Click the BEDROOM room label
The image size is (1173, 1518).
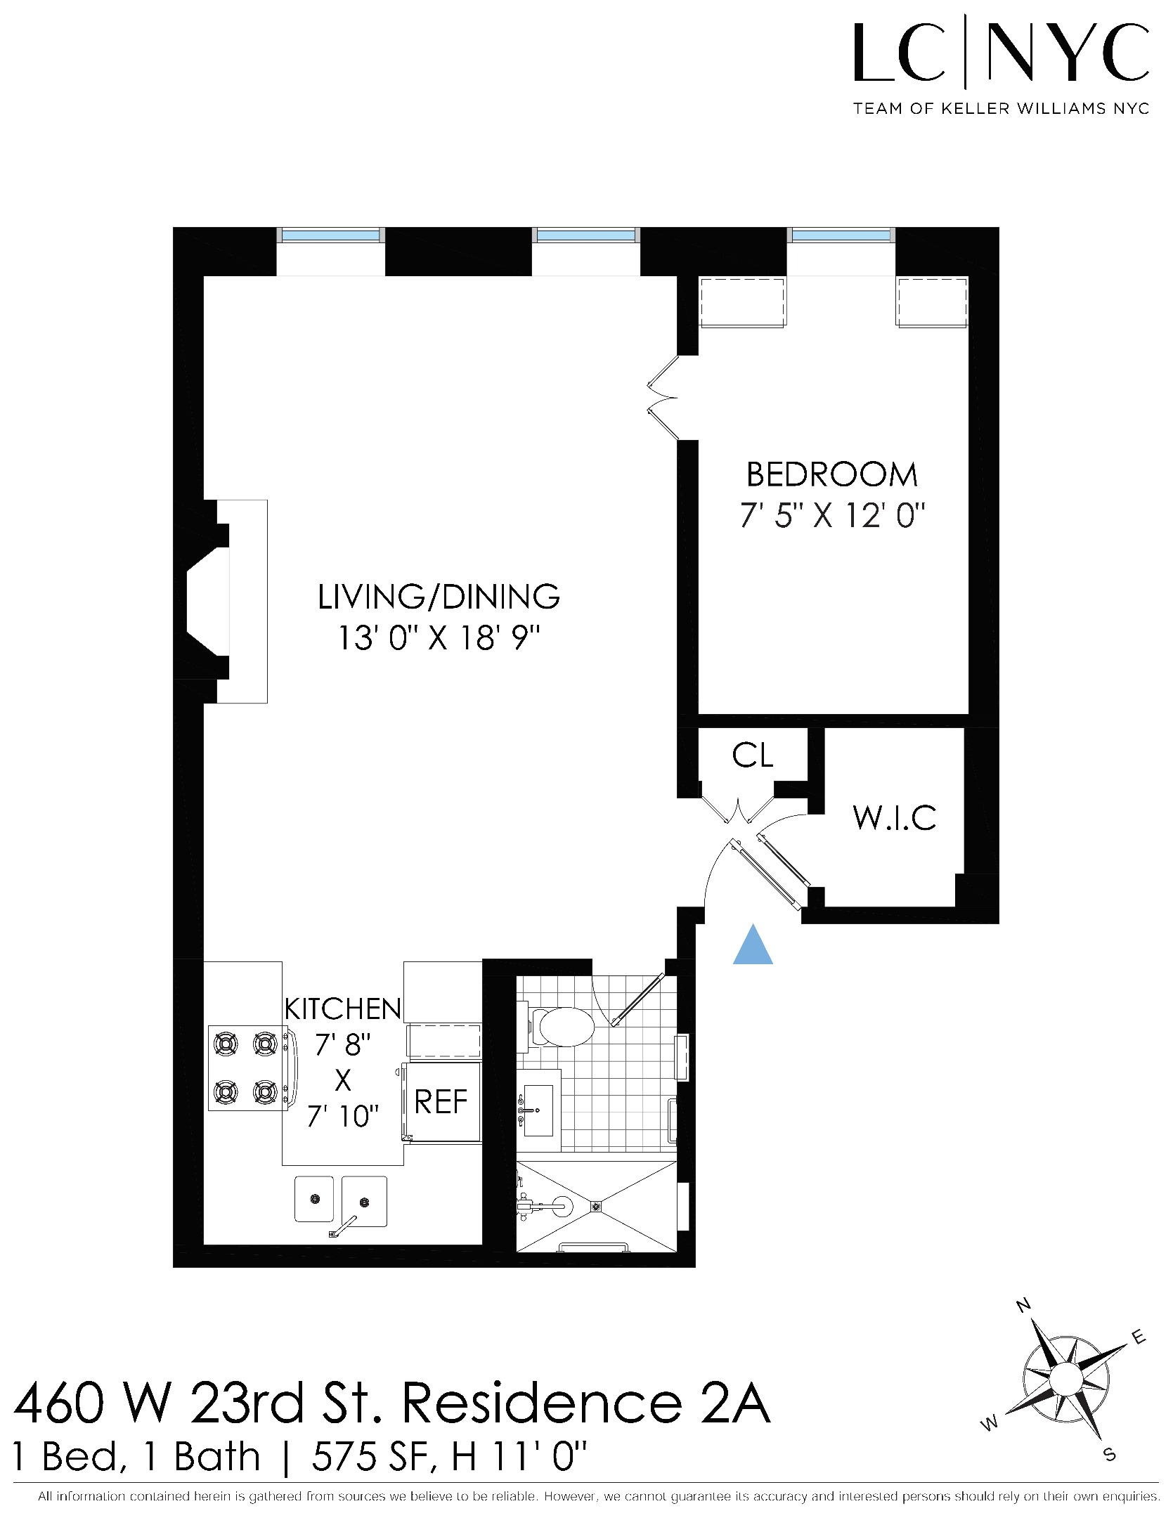click(831, 475)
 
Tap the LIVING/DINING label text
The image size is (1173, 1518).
click(439, 597)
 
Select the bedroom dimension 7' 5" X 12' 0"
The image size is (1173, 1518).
click(831, 517)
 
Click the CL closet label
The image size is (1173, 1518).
click(752, 756)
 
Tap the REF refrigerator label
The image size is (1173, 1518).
click(441, 1102)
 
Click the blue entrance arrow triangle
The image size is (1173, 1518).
click(753, 946)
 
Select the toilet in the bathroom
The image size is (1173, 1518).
click(561, 1027)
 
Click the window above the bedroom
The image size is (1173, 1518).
click(841, 235)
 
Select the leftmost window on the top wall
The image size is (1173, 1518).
click(330, 235)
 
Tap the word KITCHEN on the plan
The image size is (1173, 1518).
click(342, 1009)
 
